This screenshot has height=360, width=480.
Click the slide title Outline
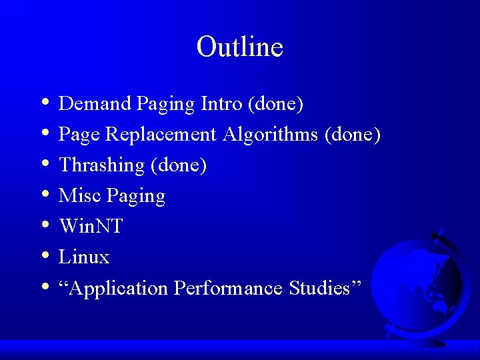[x=239, y=47]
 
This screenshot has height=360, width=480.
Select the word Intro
[x=221, y=103]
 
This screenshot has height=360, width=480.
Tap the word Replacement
[x=161, y=135]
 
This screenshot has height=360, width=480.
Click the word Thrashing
[x=101, y=165]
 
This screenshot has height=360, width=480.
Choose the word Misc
[x=79, y=196]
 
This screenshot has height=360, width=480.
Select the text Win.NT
[x=91, y=227]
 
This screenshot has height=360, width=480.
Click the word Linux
[x=84, y=257]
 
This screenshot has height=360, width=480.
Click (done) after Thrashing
[x=179, y=165]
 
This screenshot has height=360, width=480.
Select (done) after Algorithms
[x=352, y=135]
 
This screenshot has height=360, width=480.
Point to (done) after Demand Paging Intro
[x=275, y=103]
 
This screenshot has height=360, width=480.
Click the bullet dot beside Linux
[x=44, y=256]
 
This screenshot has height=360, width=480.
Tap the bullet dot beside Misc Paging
[x=44, y=195]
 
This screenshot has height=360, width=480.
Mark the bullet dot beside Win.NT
[x=44, y=225]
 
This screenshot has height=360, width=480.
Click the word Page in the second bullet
[x=79, y=135]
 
